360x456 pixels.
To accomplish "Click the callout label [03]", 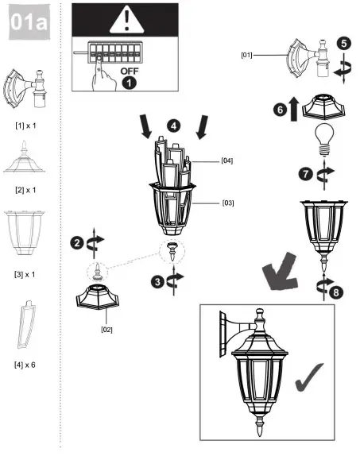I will click(x=228, y=203).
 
